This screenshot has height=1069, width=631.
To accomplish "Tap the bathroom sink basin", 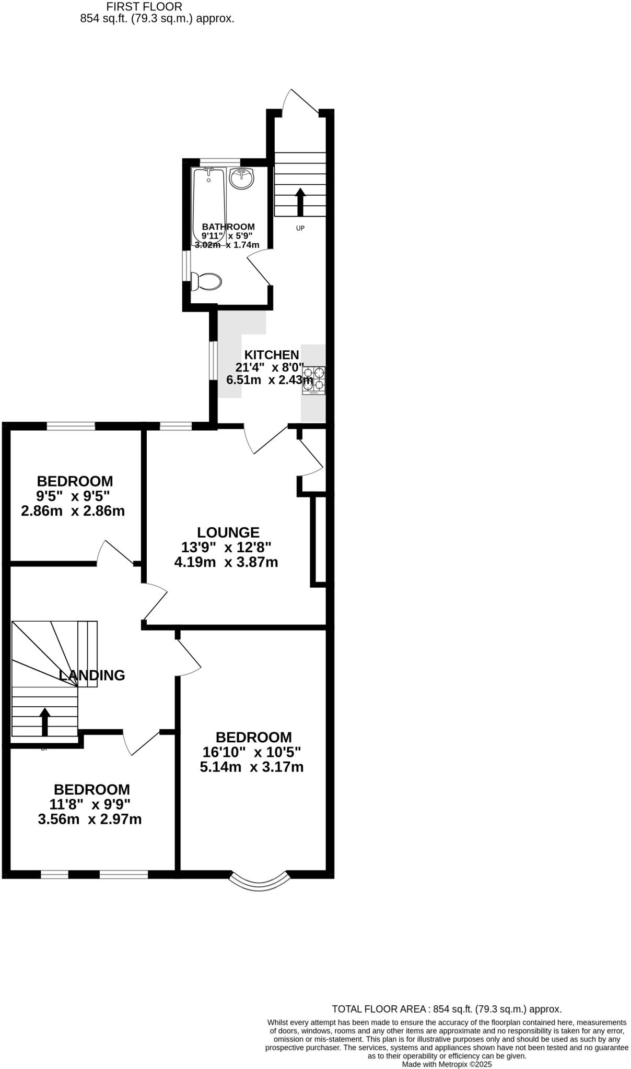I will coord(241,179).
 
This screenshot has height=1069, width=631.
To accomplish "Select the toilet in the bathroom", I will coord(207,282).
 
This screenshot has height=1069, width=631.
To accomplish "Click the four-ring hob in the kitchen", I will coord(313,380).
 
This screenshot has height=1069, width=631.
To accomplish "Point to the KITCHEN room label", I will coord(272,354).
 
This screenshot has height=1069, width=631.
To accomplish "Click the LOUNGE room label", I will coord(228,532).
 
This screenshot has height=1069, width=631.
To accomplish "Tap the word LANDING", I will coord(92,675).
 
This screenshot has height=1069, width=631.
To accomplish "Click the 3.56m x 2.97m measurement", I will coord(90,819).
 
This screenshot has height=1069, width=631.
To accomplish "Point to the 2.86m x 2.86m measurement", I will coord(73,510).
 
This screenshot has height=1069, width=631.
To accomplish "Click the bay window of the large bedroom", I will coord(259,881).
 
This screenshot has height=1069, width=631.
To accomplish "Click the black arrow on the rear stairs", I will coord(300,202).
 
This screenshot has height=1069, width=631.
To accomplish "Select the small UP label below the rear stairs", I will coord(300,228).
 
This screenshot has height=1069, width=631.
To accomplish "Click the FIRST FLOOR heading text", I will coord(144,7).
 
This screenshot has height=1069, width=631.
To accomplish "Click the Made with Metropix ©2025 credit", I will coord(447,1064).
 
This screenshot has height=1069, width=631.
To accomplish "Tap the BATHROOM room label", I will coord(228,227).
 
